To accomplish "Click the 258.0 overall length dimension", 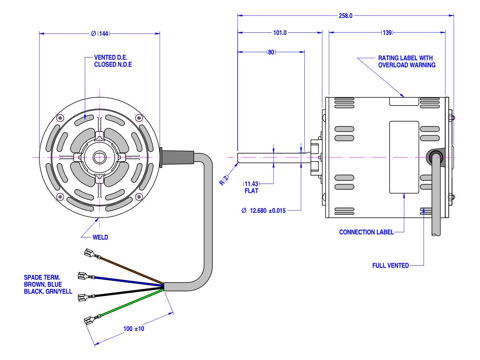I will click(x=346, y=16).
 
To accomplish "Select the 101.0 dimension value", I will click(x=280, y=33).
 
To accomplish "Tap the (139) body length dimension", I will click(x=386, y=33).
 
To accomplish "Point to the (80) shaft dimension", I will click(x=271, y=52).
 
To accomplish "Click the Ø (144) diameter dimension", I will click(x=100, y=34).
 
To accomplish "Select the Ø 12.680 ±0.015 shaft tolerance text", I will click(x=264, y=211).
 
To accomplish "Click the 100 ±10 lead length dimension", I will click(x=134, y=329).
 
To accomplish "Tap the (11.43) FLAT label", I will click(x=251, y=187).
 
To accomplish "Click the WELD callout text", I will click(x=100, y=237).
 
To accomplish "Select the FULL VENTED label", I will click(x=390, y=265).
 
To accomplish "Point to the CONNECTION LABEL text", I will click(x=366, y=232).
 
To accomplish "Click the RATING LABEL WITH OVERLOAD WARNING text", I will click(x=406, y=62).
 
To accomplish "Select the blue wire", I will click(x=128, y=280).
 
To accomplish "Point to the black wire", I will click(x=128, y=292).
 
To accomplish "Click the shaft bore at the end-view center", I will click(x=99, y=157).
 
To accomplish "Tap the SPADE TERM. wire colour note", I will click(x=48, y=284).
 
